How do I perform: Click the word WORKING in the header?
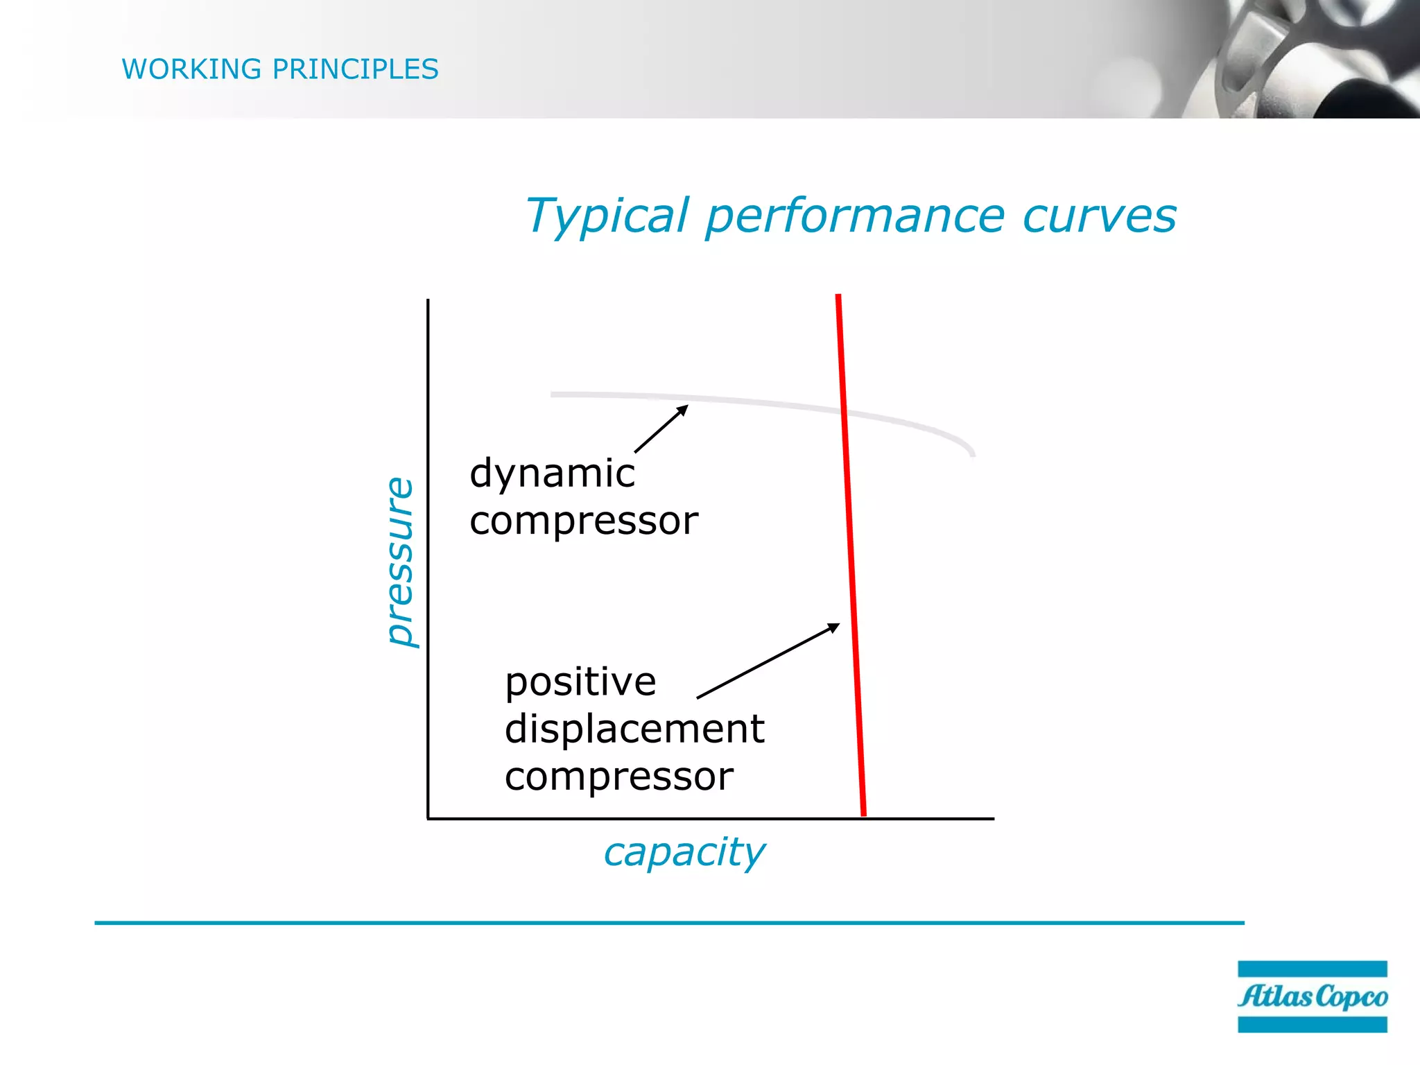pos(191,69)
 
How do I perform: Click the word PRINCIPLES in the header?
pos(355,69)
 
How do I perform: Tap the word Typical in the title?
pos(607,216)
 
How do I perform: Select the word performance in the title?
pos(854,216)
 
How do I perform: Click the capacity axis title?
pos(684,851)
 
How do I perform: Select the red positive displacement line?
pos(851,555)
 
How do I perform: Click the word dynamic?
pos(552,474)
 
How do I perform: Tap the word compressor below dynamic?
pos(584,521)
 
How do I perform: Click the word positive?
pos(580,682)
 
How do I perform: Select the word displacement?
pos(634,729)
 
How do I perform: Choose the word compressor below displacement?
pos(618,777)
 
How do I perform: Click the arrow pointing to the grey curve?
pos(661,429)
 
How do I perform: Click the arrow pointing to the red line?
pos(768,661)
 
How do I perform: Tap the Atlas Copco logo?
pos(1312,996)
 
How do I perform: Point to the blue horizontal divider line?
pos(669,923)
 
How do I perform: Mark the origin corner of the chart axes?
pos(428,819)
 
